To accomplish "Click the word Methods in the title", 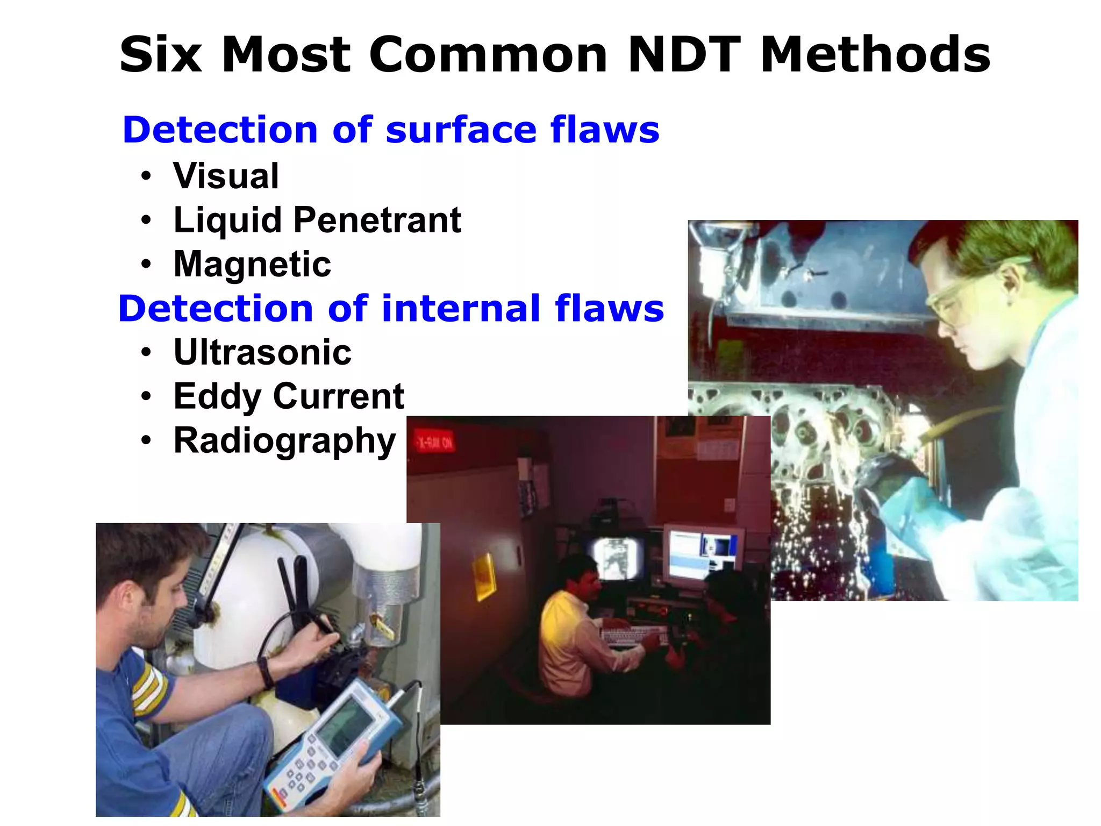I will (x=875, y=55).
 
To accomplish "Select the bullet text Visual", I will (x=226, y=176).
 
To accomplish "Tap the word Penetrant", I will (x=377, y=220).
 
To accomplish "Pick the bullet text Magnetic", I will (x=252, y=264).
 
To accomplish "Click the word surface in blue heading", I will (x=461, y=130).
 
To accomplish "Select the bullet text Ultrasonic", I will (x=262, y=353).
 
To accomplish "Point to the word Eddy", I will (x=217, y=397).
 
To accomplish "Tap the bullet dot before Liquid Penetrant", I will (x=146, y=220).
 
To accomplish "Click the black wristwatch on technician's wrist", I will (x=264, y=672).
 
